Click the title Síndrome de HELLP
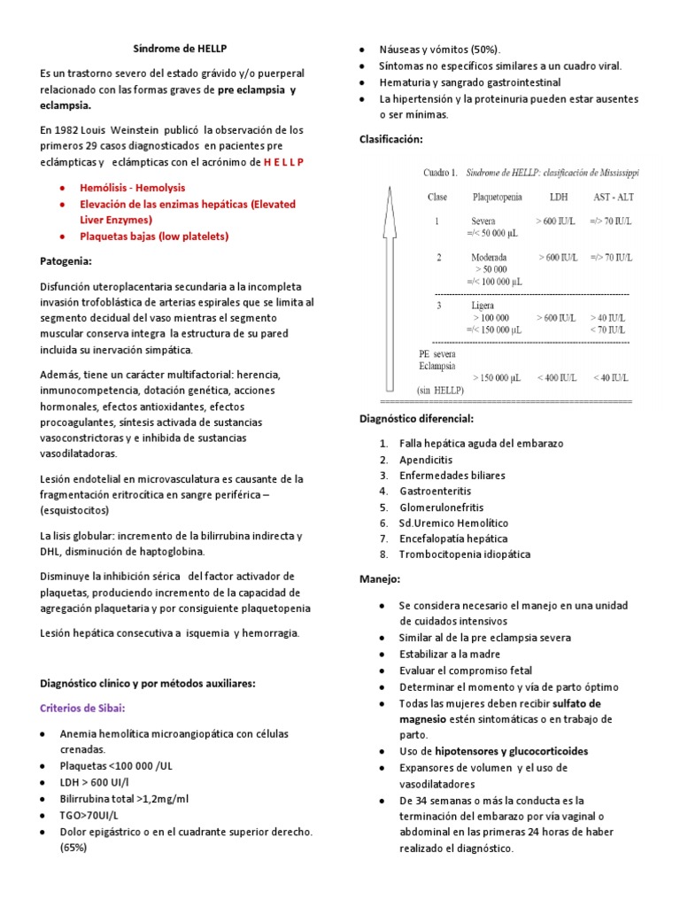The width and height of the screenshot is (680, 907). pyautogui.click(x=174, y=48)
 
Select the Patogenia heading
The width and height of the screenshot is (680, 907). pyautogui.click(x=66, y=262)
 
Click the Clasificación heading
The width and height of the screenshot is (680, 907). pyautogui.click(x=390, y=139)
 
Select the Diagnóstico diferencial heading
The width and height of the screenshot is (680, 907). pyautogui.click(x=416, y=418)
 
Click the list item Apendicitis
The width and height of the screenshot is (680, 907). pyautogui.click(x=426, y=460)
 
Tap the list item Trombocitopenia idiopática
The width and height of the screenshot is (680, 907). pyautogui.click(x=465, y=554)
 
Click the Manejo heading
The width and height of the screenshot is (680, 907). pyautogui.click(x=380, y=578)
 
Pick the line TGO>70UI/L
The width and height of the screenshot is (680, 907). pyautogui.click(x=89, y=814)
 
